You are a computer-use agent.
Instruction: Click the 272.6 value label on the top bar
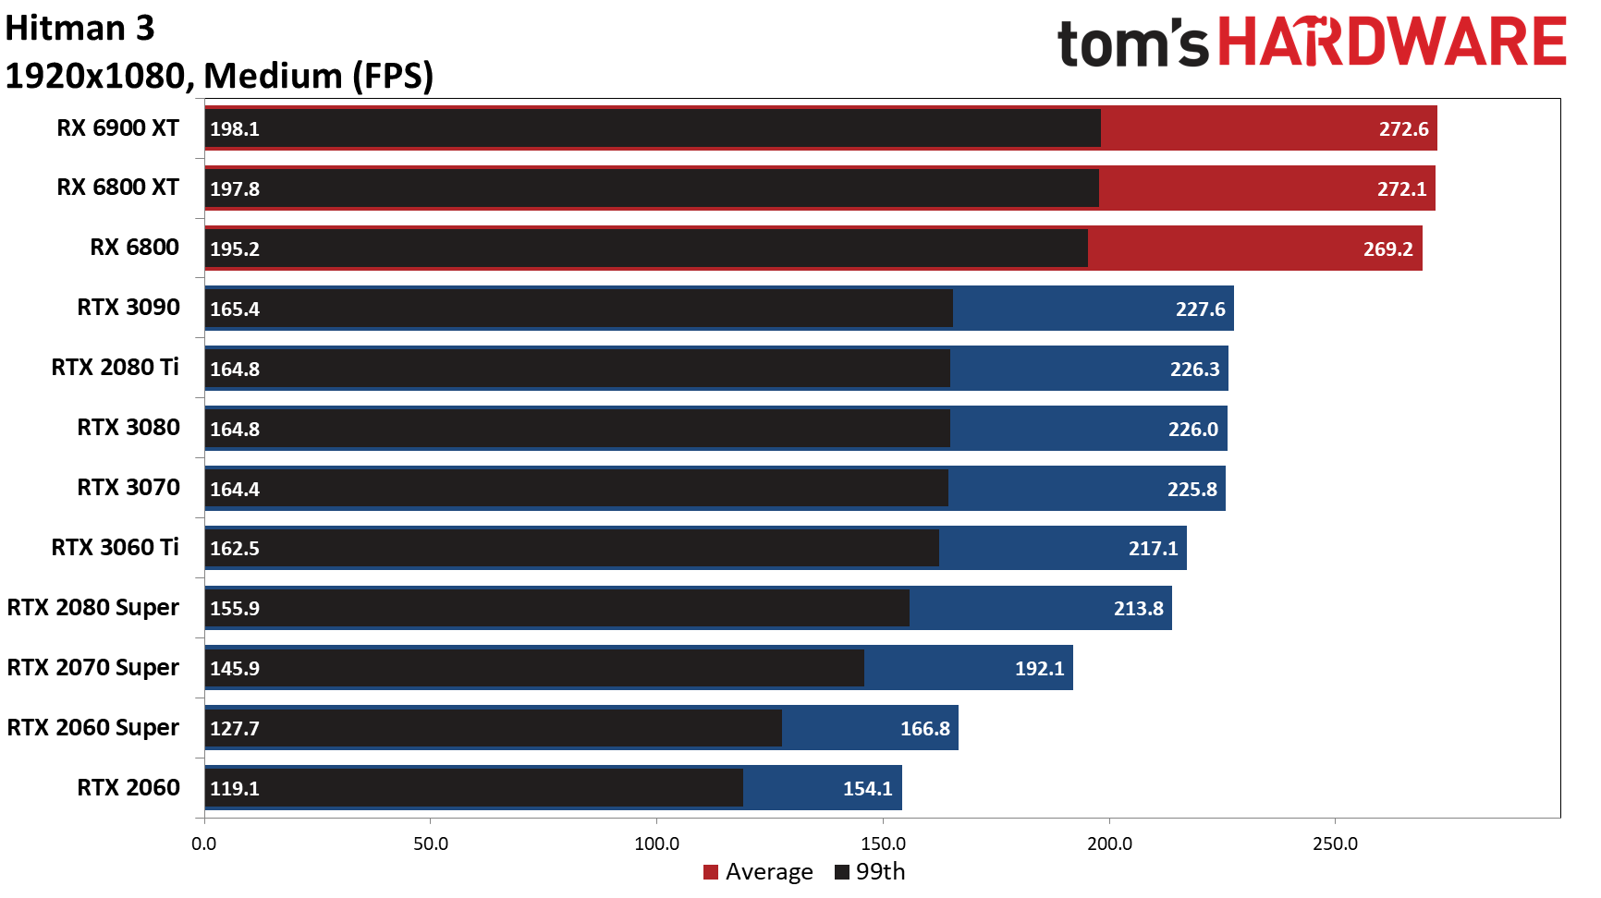tap(1403, 129)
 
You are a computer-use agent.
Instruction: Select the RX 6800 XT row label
tap(117, 188)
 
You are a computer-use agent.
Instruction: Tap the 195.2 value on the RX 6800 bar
tap(235, 249)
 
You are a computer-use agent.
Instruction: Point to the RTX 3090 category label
tap(128, 308)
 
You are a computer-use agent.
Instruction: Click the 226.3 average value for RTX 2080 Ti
tap(1194, 370)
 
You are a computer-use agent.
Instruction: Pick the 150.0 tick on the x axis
tap(883, 843)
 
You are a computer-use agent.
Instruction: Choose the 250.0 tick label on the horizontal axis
tap(1335, 843)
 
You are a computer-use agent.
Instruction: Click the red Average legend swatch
tap(711, 872)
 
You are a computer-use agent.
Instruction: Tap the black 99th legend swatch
tap(842, 872)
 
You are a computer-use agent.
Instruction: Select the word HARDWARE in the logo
tap(1392, 42)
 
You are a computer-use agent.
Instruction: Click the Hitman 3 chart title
tap(79, 29)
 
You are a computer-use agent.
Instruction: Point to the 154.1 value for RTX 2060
tap(867, 789)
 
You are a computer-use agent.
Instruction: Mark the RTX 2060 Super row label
tap(93, 728)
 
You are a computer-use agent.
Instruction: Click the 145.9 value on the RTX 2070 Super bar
tap(235, 669)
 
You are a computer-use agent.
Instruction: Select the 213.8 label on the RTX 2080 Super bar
tap(1138, 609)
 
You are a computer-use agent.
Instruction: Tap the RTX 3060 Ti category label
tap(116, 548)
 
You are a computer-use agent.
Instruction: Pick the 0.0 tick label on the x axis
tap(204, 843)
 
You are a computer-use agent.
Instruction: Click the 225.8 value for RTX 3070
tap(1192, 490)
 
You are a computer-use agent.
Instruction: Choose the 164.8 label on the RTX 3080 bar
tap(235, 430)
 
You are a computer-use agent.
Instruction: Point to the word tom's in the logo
tap(1132, 44)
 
